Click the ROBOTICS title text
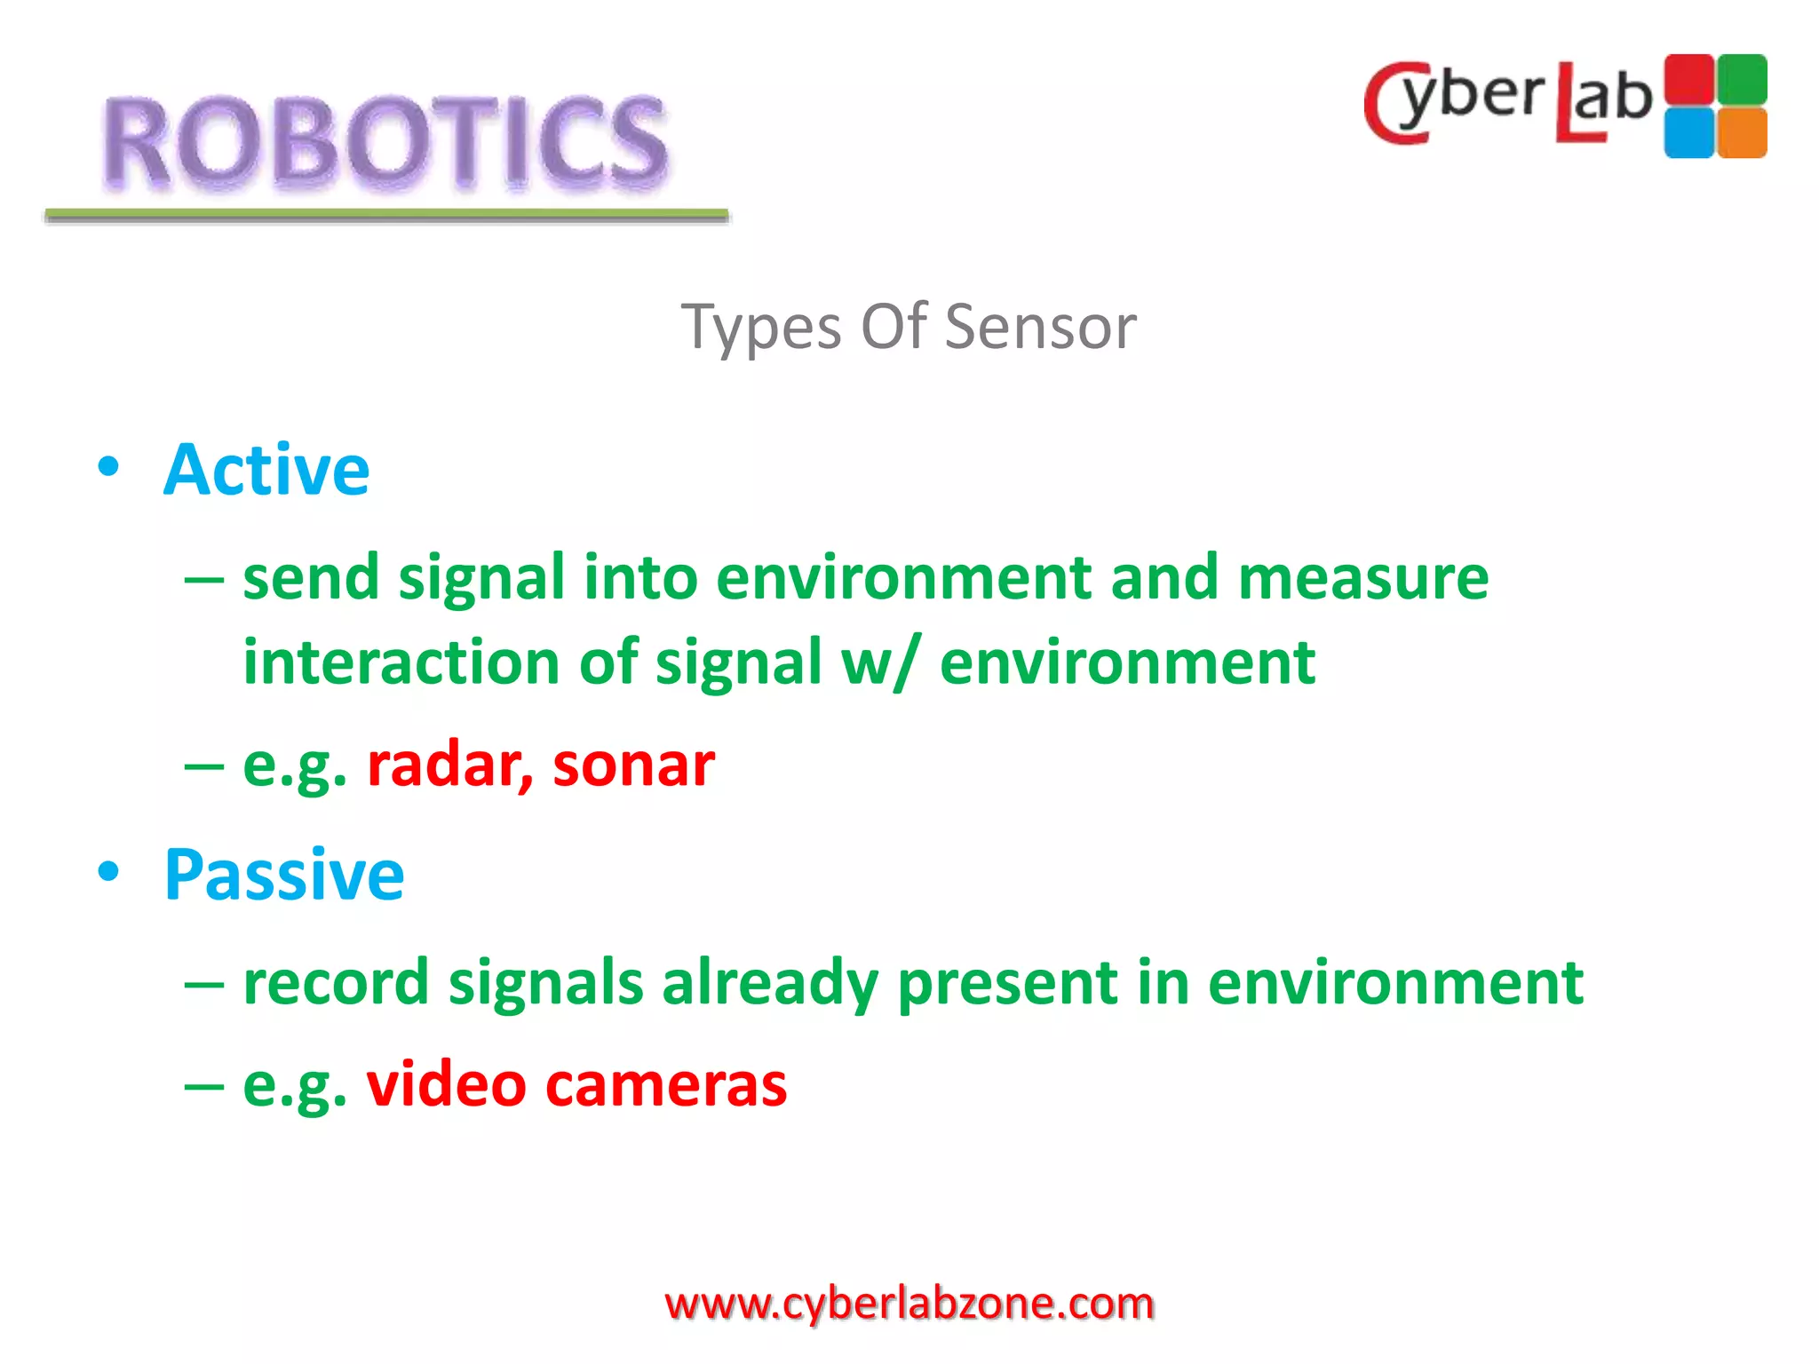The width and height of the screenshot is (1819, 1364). [x=385, y=142]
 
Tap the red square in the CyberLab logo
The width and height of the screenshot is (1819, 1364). [x=1688, y=80]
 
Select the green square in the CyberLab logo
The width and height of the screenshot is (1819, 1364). [x=1742, y=80]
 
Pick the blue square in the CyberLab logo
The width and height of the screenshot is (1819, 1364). [x=1688, y=133]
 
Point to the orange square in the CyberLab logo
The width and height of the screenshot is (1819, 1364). [x=1742, y=133]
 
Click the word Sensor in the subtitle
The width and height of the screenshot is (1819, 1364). [x=1040, y=327]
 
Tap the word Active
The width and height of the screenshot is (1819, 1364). [x=266, y=470]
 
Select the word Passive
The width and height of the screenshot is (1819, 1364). [x=284, y=875]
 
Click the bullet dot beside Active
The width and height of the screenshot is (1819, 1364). [x=108, y=467]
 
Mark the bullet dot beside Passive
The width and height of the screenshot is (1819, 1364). [x=108, y=872]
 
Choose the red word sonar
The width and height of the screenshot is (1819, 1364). [x=633, y=765]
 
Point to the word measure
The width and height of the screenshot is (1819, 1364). [x=1362, y=578]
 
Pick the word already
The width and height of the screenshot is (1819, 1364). [x=770, y=984]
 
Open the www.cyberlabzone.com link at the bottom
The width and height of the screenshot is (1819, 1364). [x=909, y=1304]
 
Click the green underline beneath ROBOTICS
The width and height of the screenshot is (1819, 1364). [x=386, y=215]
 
